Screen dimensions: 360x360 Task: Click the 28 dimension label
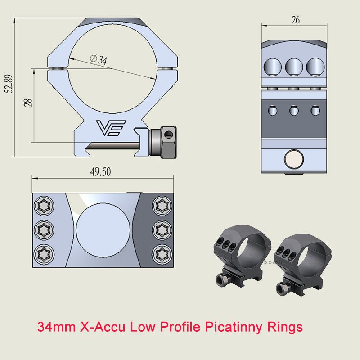tap(28, 103)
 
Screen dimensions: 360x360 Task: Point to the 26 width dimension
tap(295, 20)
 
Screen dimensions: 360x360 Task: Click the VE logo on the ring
tap(111, 128)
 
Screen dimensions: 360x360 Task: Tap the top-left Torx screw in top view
tap(45, 207)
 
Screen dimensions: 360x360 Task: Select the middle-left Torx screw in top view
tap(45, 230)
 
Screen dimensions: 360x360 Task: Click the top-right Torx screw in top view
tap(161, 207)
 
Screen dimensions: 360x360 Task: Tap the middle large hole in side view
tap(294, 67)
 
